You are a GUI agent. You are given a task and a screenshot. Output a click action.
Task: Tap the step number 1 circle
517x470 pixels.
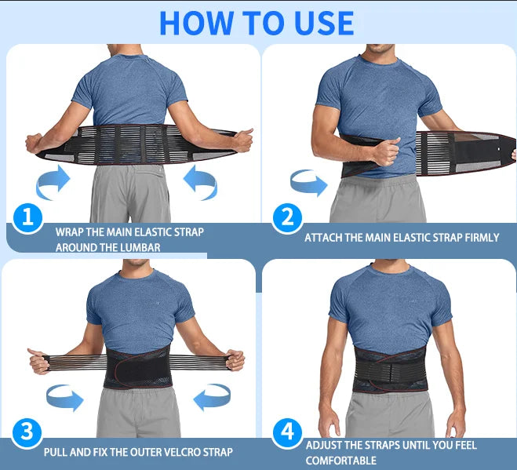tap(27, 217)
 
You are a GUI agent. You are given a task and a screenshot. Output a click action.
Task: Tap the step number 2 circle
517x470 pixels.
tap(286, 217)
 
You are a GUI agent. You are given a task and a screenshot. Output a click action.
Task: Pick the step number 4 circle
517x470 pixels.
tap(286, 432)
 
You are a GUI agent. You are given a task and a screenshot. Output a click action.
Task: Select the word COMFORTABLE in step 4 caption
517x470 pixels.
tap(340, 461)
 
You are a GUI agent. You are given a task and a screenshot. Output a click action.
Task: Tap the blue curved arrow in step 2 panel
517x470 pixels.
tap(308, 184)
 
